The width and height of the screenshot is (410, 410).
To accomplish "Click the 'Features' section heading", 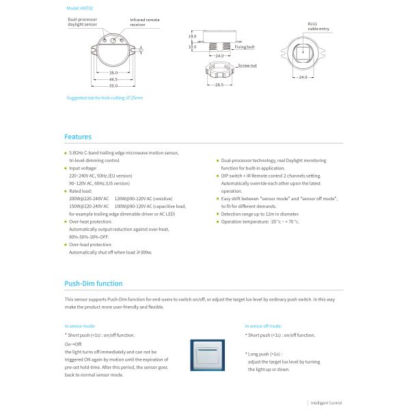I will coord(78,137).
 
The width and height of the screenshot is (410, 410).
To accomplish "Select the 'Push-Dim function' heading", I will coord(94,283).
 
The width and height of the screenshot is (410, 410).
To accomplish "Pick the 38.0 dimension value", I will coord(113,72).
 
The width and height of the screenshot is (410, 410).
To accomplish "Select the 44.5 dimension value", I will coord(113,79).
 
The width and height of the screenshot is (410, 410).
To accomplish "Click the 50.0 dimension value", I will coord(113,86).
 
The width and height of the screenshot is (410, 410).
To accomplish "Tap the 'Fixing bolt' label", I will coord(245,47).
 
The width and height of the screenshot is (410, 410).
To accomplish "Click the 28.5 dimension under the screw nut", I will coord(219,86).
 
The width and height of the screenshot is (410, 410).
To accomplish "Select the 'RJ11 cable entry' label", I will coord(317,27).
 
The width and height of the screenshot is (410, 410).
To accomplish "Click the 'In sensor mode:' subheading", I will coord(80,327).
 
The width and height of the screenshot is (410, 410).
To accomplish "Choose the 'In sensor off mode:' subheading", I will coord(262,327).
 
